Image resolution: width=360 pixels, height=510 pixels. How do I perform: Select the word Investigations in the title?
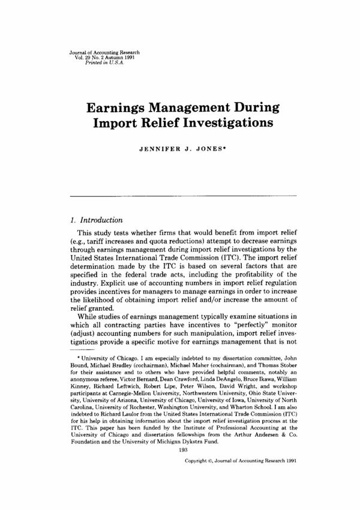pos(222,124)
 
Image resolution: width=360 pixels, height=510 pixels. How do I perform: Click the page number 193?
pos(180,450)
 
